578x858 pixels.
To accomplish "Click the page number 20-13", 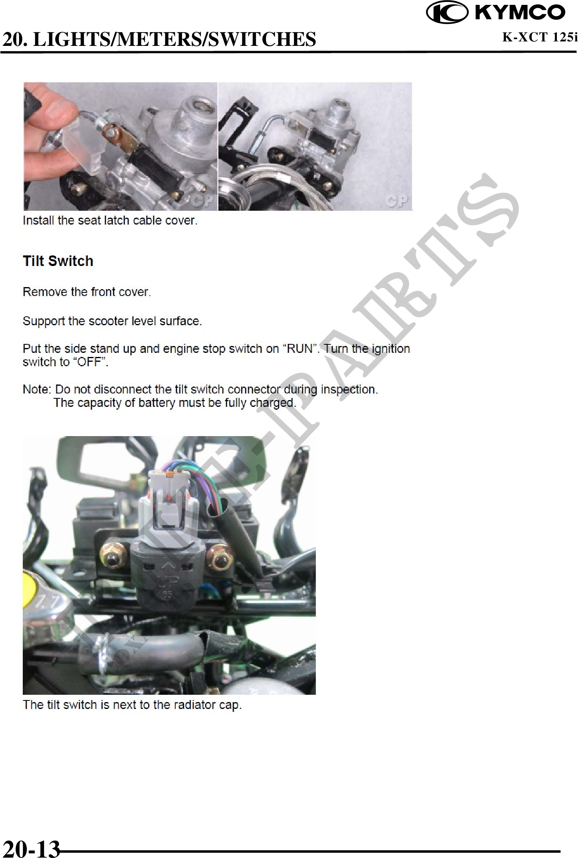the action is pyautogui.click(x=31, y=848).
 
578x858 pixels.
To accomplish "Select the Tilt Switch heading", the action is pyautogui.click(x=58, y=261).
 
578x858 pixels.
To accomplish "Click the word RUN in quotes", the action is pyautogui.click(x=300, y=349).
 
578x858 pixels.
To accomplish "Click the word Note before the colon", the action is pyautogui.click(x=36, y=389).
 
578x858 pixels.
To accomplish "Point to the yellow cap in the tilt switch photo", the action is pyautogui.click(x=27, y=581).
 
